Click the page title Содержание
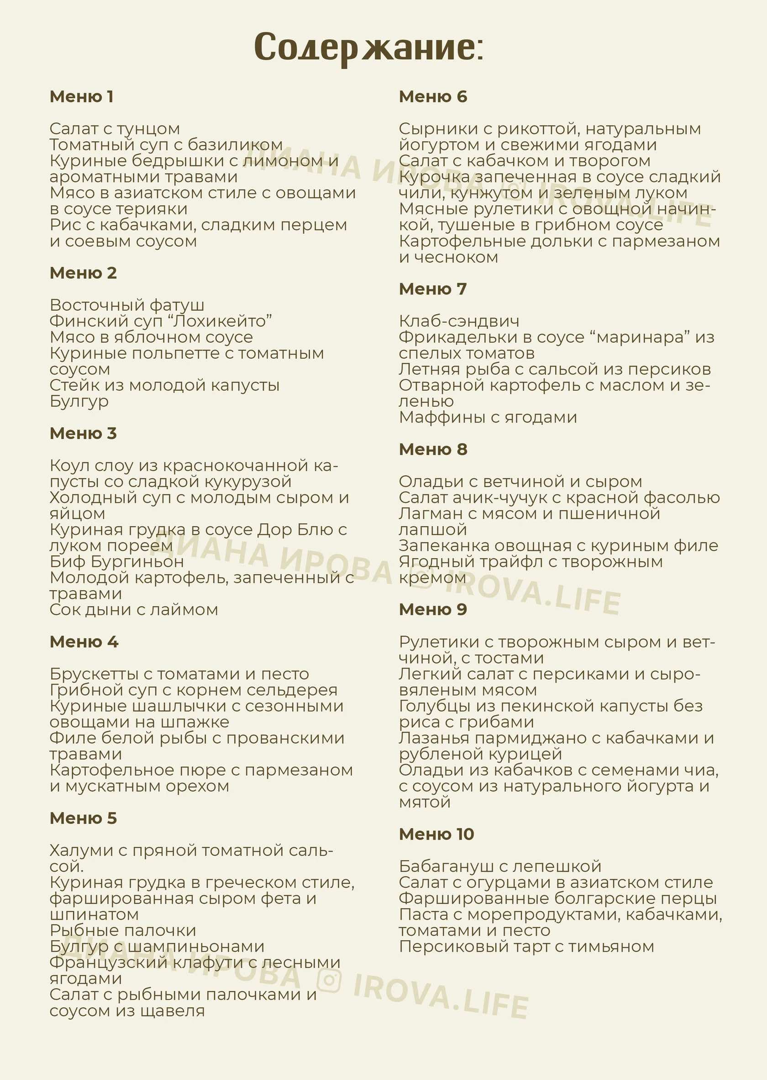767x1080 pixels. (x=368, y=47)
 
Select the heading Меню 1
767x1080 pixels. (x=81, y=96)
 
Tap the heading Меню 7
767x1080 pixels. (x=433, y=289)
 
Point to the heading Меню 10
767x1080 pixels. (x=436, y=834)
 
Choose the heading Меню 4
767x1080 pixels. (x=84, y=641)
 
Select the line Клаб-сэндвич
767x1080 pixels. (x=458, y=322)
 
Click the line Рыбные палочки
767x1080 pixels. (x=123, y=930)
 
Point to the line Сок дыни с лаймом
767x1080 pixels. (x=134, y=610)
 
